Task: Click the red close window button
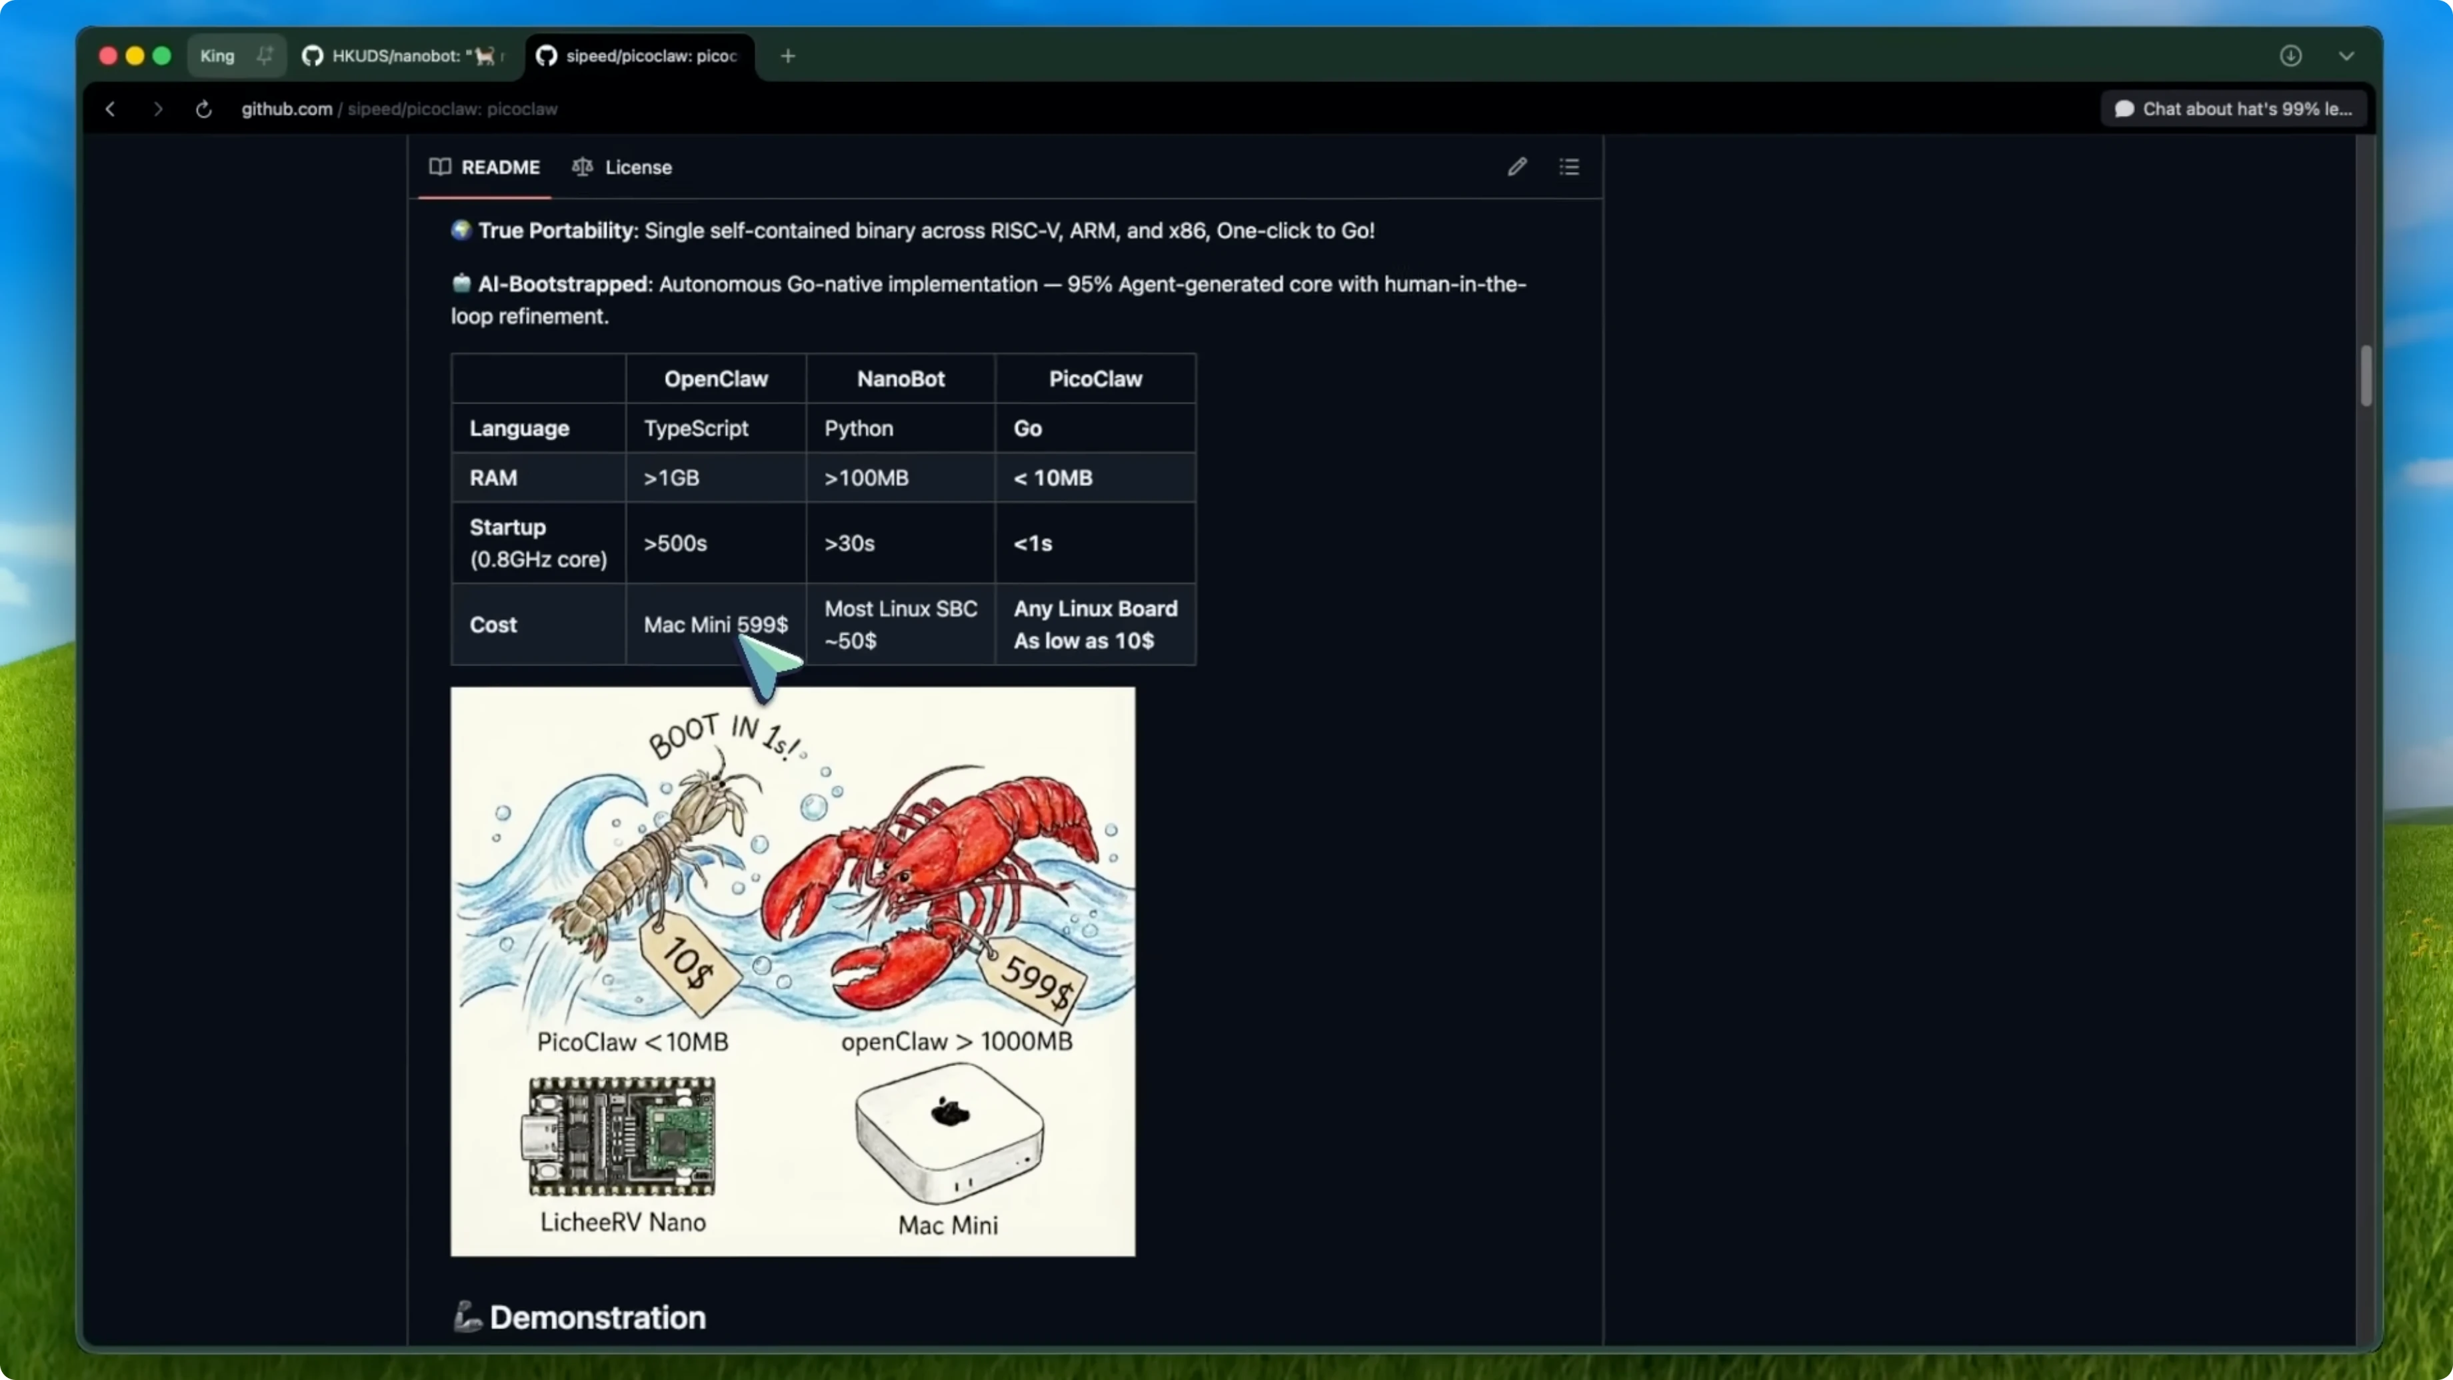[x=107, y=56]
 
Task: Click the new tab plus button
[x=787, y=56]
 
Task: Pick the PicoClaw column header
[x=1095, y=379]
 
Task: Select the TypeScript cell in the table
[x=696, y=429]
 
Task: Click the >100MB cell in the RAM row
[x=867, y=478]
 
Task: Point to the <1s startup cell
[x=1033, y=544]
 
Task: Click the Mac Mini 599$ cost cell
[x=715, y=625]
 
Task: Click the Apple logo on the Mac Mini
[x=949, y=1111]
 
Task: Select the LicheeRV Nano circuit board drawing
[x=622, y=1136]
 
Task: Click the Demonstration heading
[x=597, y=1318]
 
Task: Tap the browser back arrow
[x=111, y=109]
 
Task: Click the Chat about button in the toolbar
[x=2233, y=109]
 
